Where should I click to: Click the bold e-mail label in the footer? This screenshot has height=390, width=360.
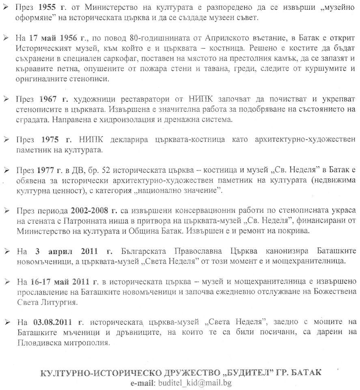142,383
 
